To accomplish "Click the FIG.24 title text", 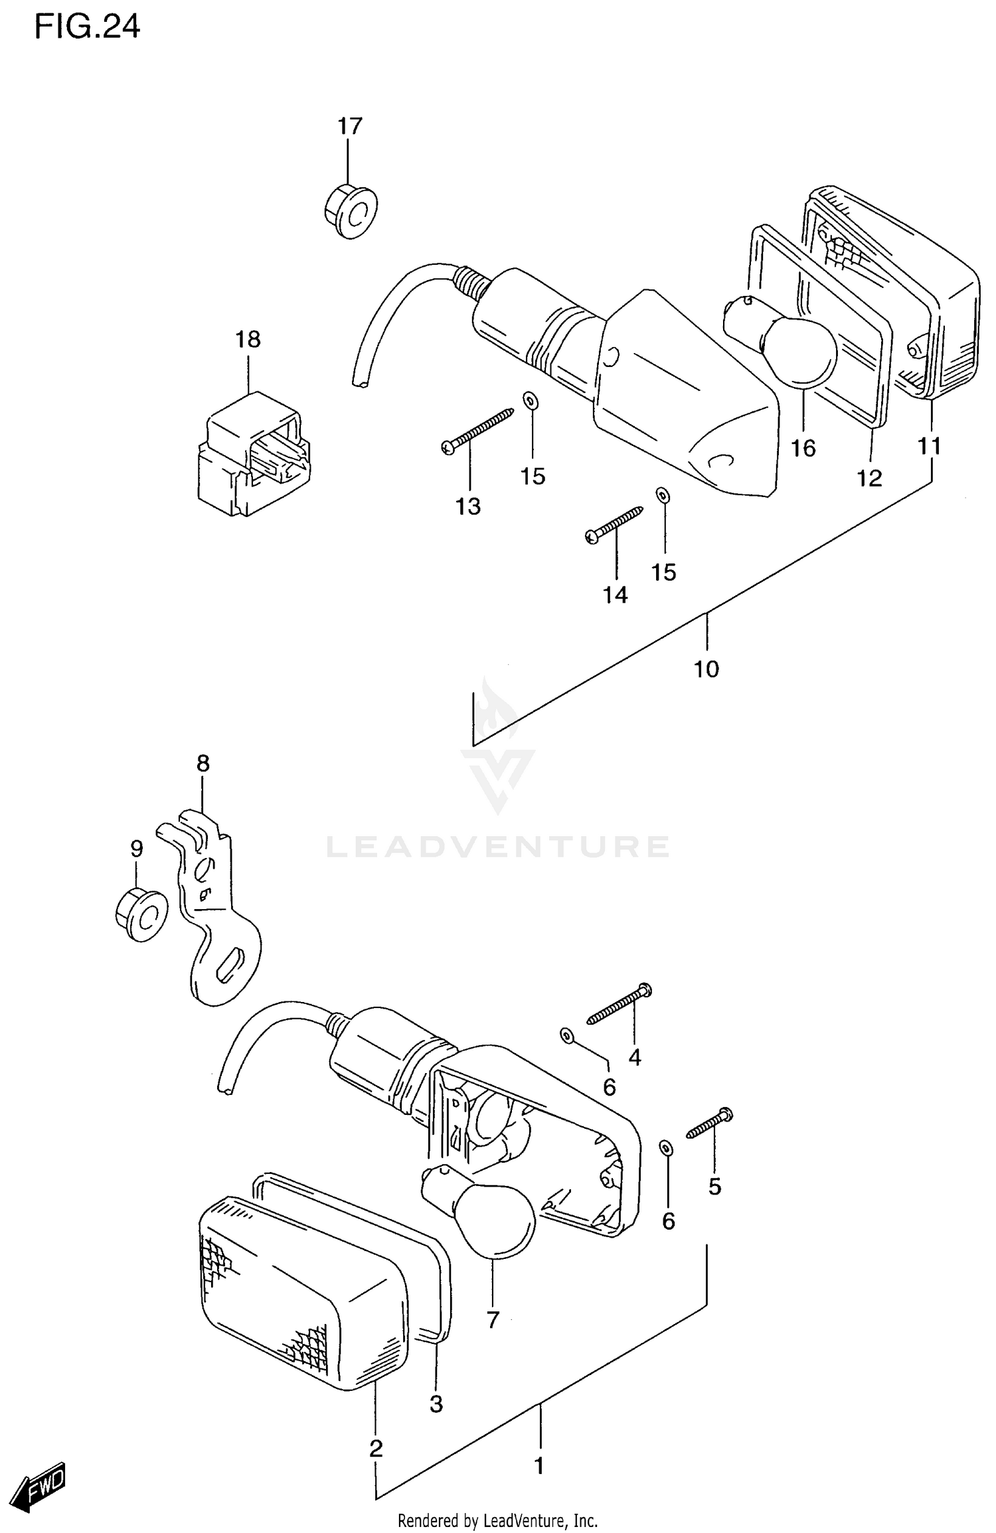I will (x=87, y=28).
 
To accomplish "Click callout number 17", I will (x=350, y=126).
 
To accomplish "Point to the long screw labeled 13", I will (x=477, y=431).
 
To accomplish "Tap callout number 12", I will (x=869, y=478).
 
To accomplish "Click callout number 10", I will (x=706, y=669).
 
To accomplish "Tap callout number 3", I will (x=436, y=1404).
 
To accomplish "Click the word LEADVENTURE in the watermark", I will (x=498, y=847).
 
